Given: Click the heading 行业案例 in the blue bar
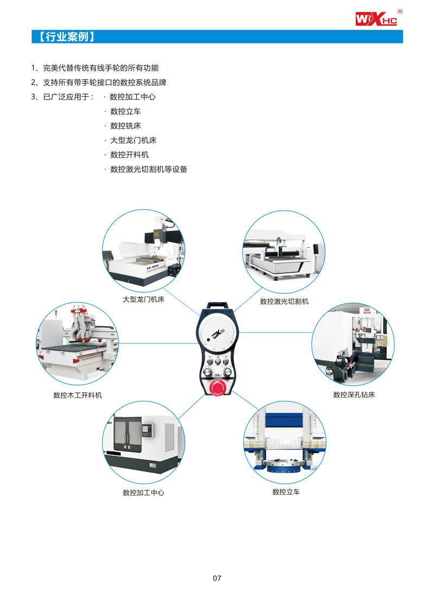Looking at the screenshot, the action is [x=67, y=37].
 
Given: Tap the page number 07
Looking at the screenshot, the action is [x=217, y=578].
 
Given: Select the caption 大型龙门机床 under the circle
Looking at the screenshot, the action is [x=143, y=299].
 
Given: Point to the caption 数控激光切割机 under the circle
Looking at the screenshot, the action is [x=284, y=302].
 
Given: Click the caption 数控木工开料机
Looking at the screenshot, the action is [x=78, y=395].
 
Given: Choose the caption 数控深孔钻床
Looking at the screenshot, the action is [x=354, y=395].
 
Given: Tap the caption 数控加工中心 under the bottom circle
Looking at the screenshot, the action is [x=143, y=493].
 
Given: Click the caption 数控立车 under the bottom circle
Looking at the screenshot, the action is [x=286, y=492].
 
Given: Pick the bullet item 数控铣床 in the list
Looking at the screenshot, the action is [x=125, y=125].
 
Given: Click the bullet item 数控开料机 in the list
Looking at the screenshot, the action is [x=129, y=155].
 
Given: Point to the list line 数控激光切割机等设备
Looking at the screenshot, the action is [x=149, y=170].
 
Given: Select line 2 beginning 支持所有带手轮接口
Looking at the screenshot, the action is [x=98, y=83].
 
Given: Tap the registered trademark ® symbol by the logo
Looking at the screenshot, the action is [x=400, y=11].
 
